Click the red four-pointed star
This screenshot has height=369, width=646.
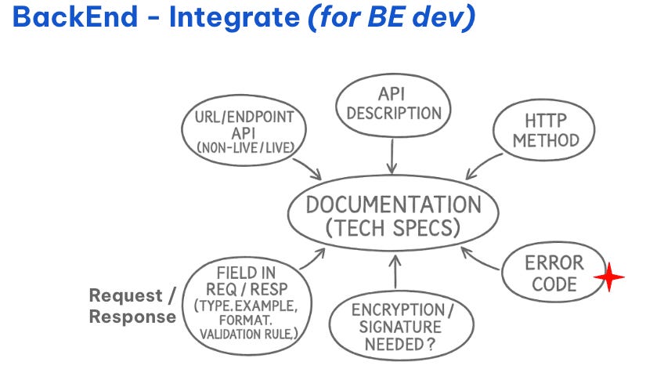[x=608, y=277]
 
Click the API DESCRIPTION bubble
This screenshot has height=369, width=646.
[x=394, y=103]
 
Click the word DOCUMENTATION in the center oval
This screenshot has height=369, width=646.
[x=393, y=205]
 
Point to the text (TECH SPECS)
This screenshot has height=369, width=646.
[x=393, y=229]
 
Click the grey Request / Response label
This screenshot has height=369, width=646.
[x=132, y=306]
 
